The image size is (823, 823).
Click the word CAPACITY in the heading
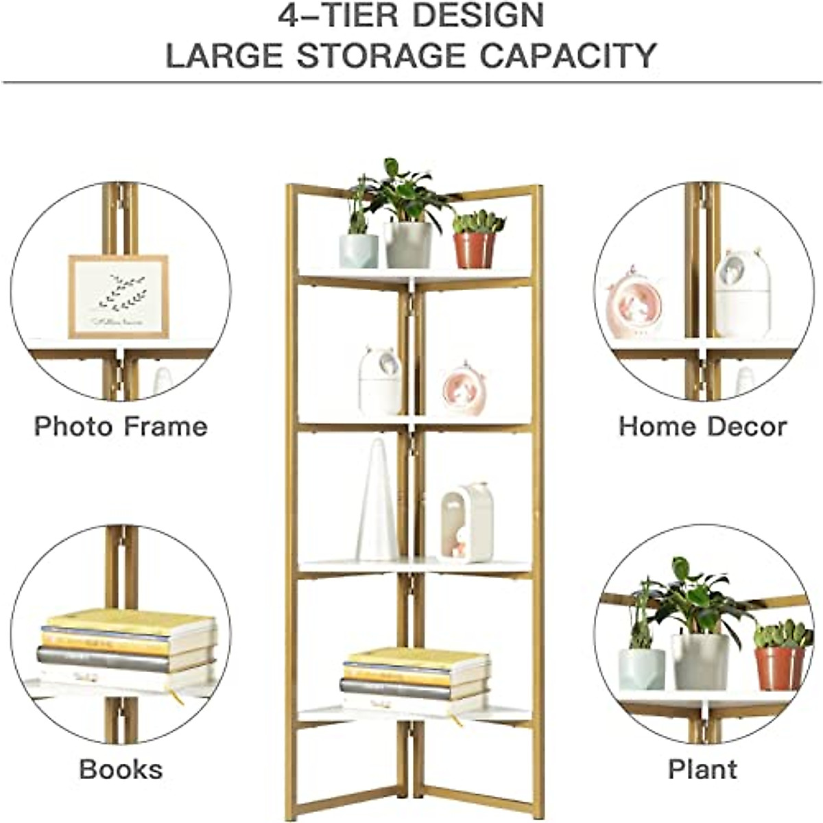(x=568, y=55)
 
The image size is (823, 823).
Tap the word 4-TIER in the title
(x=336, y=15)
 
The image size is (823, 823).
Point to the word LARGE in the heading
(x=222, y=55)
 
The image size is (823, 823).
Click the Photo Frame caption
(x=121, y=426)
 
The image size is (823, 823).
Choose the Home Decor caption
(x=702, y=426)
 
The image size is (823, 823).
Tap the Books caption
(x=121, y=769)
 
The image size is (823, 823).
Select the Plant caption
(x=702, y=769)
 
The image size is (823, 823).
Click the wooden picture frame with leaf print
(x=118, y=296)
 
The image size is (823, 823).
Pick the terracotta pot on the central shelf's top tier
(x=475, y=249)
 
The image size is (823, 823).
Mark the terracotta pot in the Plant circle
(x=780, y=667)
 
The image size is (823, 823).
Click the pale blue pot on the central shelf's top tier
(x=358, y=250)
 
